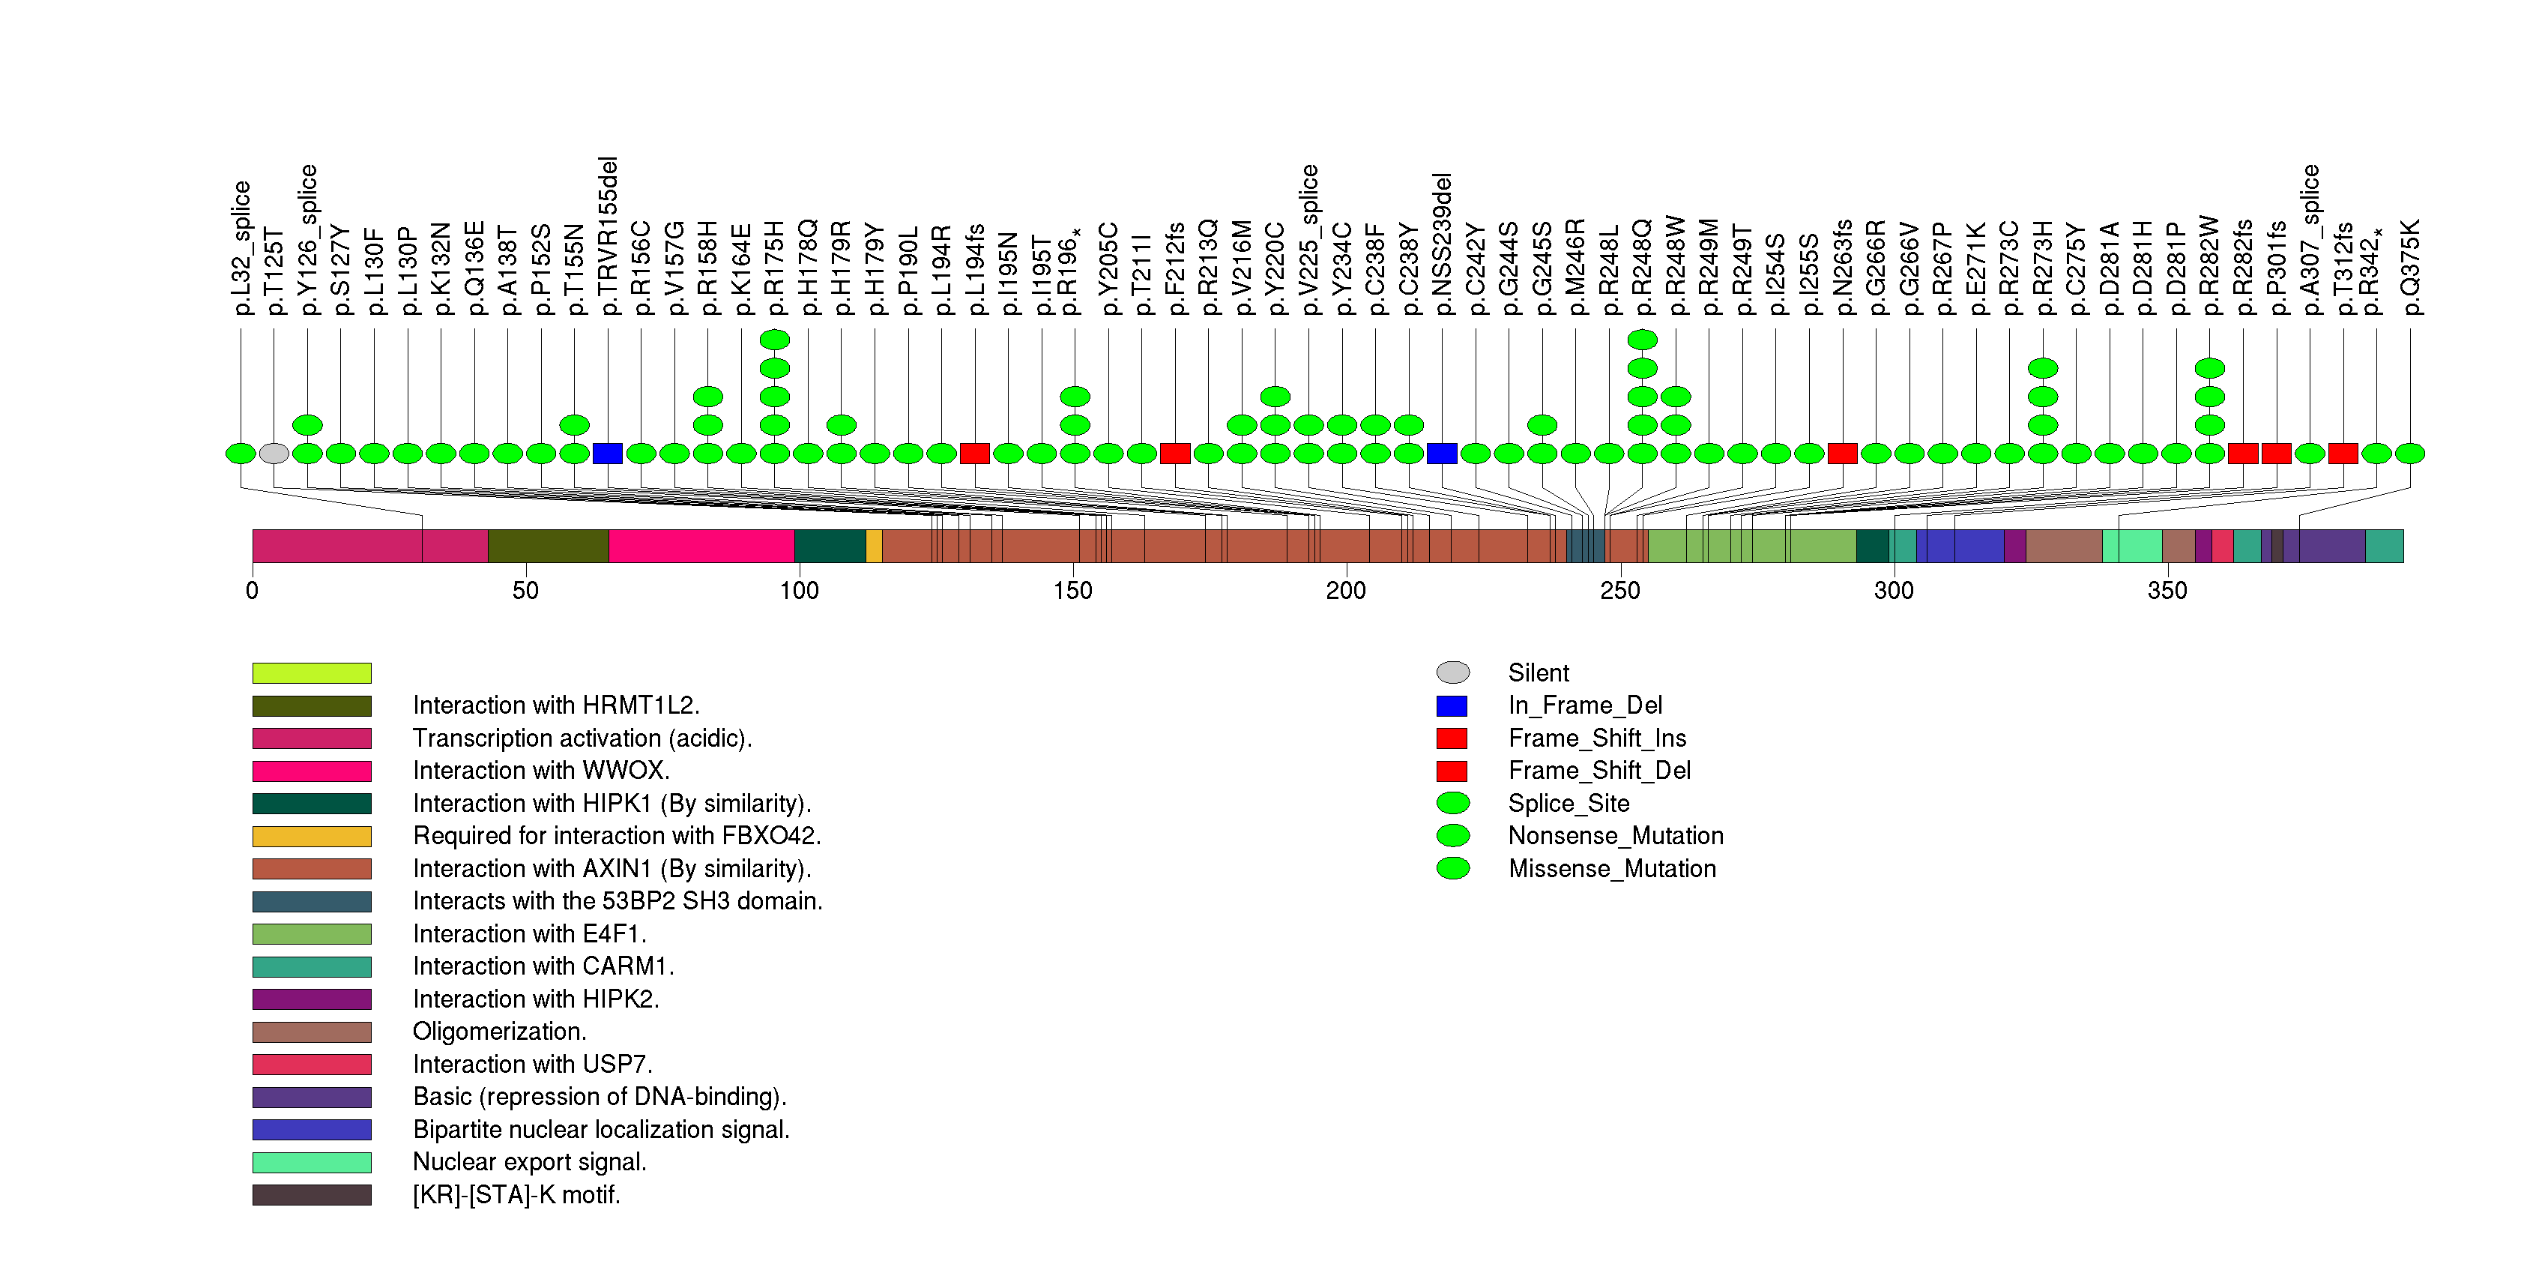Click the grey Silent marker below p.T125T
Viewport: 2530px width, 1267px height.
coord(274,454)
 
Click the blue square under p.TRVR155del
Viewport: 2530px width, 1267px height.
coord(608,454)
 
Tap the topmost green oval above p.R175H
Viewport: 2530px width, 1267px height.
coord(775,340)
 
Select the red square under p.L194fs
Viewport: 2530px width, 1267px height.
coord(974,454)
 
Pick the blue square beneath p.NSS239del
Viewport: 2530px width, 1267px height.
coord(1442,454)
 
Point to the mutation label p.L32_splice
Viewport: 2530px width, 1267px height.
coord(241,247)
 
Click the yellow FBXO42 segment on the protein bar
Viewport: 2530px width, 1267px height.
coord(874,546)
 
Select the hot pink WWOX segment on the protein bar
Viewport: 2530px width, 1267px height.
coord(701,546)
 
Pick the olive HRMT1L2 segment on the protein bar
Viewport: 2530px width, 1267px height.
coord(548,546)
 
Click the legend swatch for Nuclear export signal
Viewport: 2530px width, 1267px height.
coord(311,1163)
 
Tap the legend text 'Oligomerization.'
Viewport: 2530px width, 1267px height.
coord(499,1032)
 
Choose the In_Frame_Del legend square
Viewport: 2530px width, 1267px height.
coord(1452,706)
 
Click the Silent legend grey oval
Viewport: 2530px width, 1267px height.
coord(1452,672)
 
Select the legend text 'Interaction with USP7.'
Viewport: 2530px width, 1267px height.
coord(532,1065)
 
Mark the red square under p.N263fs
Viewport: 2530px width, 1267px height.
coord(1843,454)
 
